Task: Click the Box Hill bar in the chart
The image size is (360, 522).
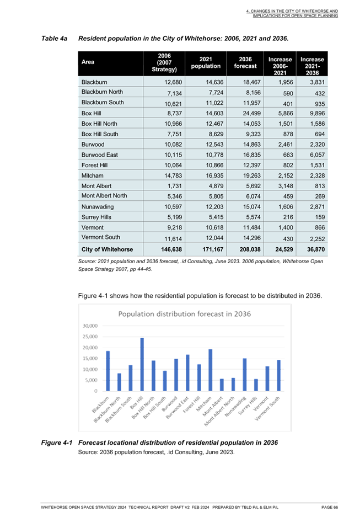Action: (142, 364)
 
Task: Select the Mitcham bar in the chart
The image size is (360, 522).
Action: (210, 370)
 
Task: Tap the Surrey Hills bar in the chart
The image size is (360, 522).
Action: (256, 385)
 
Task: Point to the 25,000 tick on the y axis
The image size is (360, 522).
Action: (90, 337)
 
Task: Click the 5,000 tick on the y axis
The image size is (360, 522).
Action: (92, 380)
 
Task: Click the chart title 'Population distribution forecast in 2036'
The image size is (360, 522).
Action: (185, 314)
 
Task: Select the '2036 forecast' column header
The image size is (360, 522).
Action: (245, 62)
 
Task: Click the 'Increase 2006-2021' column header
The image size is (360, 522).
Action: (280, 66)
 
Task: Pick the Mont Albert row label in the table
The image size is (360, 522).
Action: (96, 186)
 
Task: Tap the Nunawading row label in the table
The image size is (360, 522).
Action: (98, 207)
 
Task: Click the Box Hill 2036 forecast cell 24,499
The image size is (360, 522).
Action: (252, 113)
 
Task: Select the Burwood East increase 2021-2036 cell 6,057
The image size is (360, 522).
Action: (318, 155)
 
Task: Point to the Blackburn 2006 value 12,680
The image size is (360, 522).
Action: (173, 82)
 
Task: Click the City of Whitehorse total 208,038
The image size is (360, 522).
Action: (250, 249)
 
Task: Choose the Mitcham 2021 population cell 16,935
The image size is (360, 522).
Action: (214, 175)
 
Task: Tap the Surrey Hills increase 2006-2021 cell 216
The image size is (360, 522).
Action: (288, 217)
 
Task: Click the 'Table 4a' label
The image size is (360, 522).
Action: (54, 39)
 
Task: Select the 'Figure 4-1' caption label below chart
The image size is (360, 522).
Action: (57, 443)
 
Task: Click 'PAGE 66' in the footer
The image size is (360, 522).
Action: (330, 507)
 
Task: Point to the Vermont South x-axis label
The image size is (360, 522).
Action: (267, 409)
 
